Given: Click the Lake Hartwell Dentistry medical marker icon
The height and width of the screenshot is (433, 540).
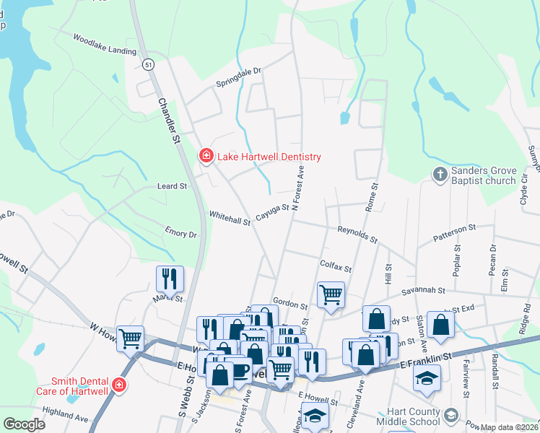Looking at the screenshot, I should coord(206,156).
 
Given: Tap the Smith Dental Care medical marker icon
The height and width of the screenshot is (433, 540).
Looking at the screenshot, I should coord(118,385).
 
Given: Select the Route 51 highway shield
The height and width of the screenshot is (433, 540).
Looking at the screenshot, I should coord(147,64).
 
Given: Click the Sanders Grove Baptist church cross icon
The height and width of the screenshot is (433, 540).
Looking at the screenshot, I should coord(439,175).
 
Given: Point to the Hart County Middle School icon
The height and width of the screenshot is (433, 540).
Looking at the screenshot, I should coord(451,416).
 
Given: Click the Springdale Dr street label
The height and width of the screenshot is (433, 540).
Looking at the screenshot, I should coord(239,78).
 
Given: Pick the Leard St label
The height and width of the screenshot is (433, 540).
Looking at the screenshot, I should coord(173,186).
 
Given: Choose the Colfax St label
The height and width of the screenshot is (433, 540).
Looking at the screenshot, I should coord(335,266).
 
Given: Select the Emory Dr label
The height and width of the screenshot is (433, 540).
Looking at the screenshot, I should coord(180,233).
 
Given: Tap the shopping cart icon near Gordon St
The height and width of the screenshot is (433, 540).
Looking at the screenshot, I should coord(331,294).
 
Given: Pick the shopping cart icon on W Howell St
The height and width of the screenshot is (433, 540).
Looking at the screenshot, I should coord(130,337).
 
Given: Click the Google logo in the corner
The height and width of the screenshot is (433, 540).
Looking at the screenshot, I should coord(24,424).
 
